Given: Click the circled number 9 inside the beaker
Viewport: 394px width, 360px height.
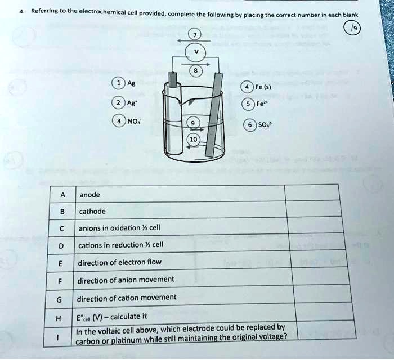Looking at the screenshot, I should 192,124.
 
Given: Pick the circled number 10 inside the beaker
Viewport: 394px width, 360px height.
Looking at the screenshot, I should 193,139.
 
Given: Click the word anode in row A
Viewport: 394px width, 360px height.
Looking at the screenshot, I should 90,195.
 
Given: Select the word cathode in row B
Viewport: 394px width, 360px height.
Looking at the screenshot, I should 93,211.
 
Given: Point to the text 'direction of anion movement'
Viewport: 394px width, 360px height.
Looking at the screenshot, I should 126,280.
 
